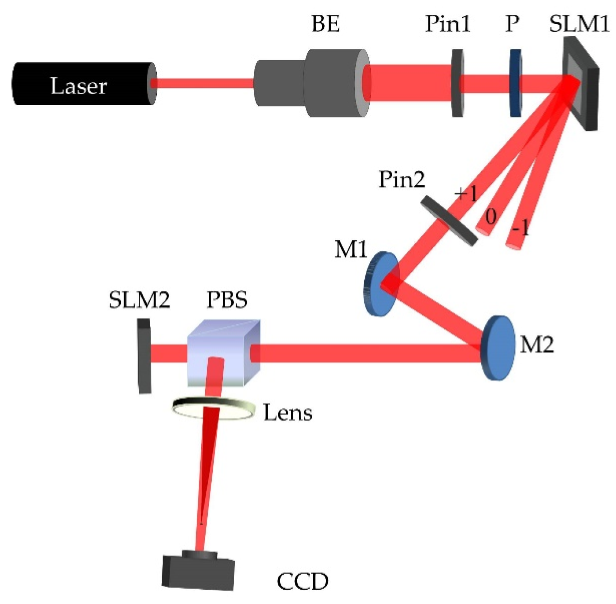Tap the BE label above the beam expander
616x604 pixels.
(325, 24)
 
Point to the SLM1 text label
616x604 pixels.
(579, 24)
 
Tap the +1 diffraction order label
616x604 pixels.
(466, 193)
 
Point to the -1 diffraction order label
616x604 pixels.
(520, 229)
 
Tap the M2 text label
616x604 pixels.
(536, 345)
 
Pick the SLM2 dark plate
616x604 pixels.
(144, 356)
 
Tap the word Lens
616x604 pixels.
(288, 413)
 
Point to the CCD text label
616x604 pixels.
(302, 581)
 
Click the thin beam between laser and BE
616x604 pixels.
(204, 83)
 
